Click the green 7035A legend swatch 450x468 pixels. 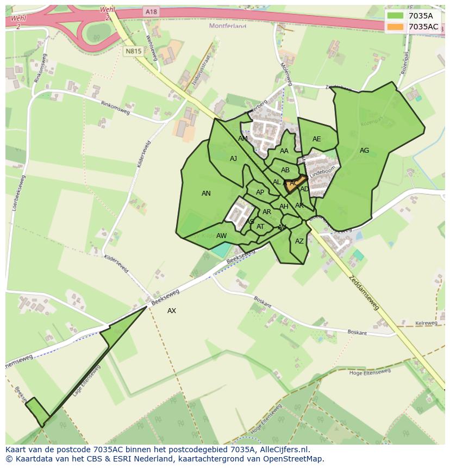(x=395, y=16)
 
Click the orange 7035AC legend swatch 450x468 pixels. (x=395, y=27)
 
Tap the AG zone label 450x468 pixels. (x=364, y=151)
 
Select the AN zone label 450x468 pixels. (x=206, y=194)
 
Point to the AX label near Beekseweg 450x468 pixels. (x=172, y=311)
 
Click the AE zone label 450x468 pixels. (x=316, y=139)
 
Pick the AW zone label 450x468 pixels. (x=221, y=236)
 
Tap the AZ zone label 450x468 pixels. (x=299, y=241)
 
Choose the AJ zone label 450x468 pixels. (x=233, y=159)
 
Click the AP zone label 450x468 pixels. (x=260, y=192)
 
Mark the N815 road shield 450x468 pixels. (x=133, y=52)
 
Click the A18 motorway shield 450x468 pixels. (x=151, y=11)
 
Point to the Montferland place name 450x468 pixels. (x=228, y=26)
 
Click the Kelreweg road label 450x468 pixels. (x=426, y=323)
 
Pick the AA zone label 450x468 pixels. (x=284, y=151)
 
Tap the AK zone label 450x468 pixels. (x=299, y=205)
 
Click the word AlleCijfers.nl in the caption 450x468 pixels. (x=284, y=450)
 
